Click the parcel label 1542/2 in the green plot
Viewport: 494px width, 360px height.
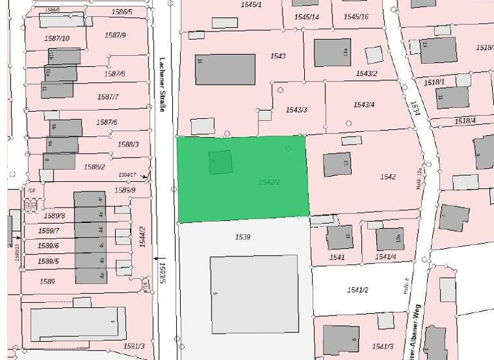coord(270,183)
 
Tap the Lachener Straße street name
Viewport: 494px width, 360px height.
coord(162,83)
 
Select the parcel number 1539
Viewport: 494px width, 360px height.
coord(242,237)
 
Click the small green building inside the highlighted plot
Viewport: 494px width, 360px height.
coord(221,162)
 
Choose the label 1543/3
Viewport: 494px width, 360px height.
coord(297,110)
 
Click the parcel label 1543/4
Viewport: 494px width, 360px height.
coord(363,105)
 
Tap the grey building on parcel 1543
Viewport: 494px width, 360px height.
coord(225,69)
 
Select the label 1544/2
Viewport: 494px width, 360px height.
coord(143,238)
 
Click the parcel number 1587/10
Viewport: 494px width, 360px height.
coord(57,39)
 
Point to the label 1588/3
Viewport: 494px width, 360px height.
coord(128,144)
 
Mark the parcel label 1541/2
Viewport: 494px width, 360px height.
coord(357,290)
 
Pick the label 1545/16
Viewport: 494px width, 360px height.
coord(356,17)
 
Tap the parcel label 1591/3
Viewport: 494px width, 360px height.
coord(134,346)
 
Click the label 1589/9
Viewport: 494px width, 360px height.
coord(125,190)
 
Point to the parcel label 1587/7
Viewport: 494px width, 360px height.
coord(108,97)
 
